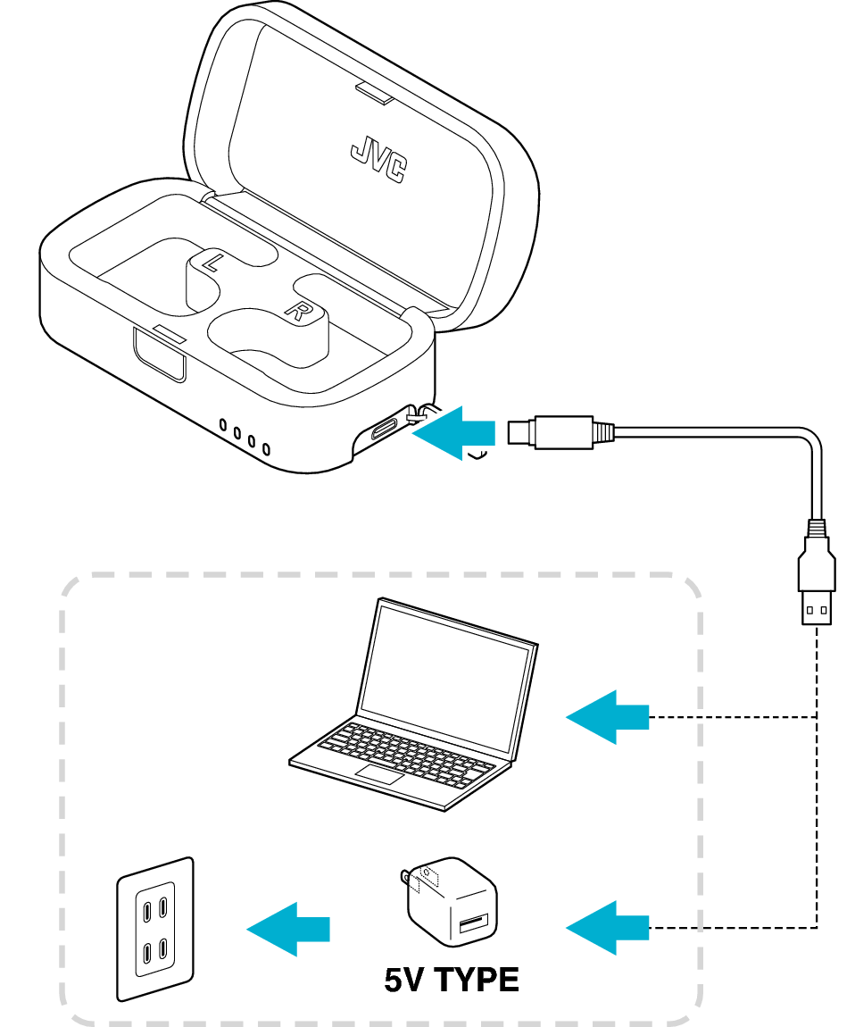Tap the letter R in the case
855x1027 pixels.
pos(294,310)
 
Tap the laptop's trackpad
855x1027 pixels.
pos(380,773)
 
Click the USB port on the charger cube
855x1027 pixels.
pos(473,922)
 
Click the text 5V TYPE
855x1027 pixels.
pos(452,980)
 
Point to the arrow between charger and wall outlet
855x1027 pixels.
pos(288,930)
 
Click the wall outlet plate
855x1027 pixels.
pos(155,928)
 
